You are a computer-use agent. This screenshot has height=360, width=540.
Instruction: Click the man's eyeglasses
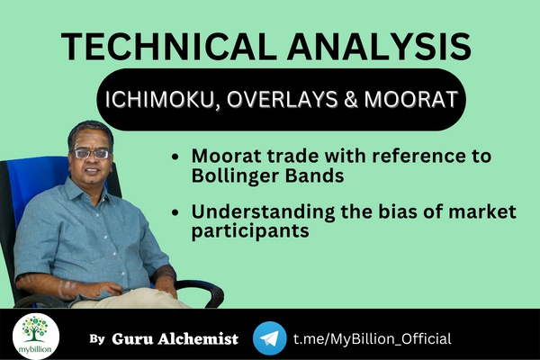(91, 154)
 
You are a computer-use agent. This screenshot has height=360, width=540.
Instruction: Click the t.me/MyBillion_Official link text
(372, 338)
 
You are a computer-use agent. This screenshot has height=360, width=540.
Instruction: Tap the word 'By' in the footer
(97, 339)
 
